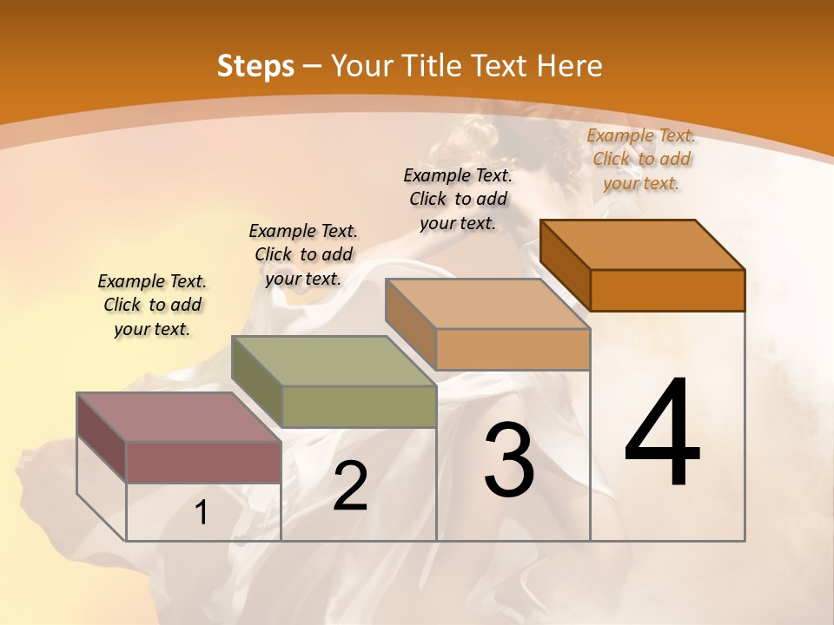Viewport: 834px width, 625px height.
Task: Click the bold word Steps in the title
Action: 255,66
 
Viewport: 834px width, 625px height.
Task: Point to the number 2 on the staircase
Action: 351,486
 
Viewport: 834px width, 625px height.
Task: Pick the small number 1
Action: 202,513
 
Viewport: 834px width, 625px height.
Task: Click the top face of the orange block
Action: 642,244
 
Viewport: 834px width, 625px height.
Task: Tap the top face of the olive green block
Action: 334,360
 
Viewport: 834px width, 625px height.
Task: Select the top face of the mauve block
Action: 179,417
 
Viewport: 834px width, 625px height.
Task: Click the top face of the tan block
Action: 487,304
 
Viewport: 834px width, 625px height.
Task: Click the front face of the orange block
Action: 667,290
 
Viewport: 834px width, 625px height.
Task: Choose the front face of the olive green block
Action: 359,406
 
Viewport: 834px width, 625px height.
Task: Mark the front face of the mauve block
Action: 203,462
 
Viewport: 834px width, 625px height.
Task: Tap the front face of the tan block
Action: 513,349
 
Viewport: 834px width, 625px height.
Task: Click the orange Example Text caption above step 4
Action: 641,159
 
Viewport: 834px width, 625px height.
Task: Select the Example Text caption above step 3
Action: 458,199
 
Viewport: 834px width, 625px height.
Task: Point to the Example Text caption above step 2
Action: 303,254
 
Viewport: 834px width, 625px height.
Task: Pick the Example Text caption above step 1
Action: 152,305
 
